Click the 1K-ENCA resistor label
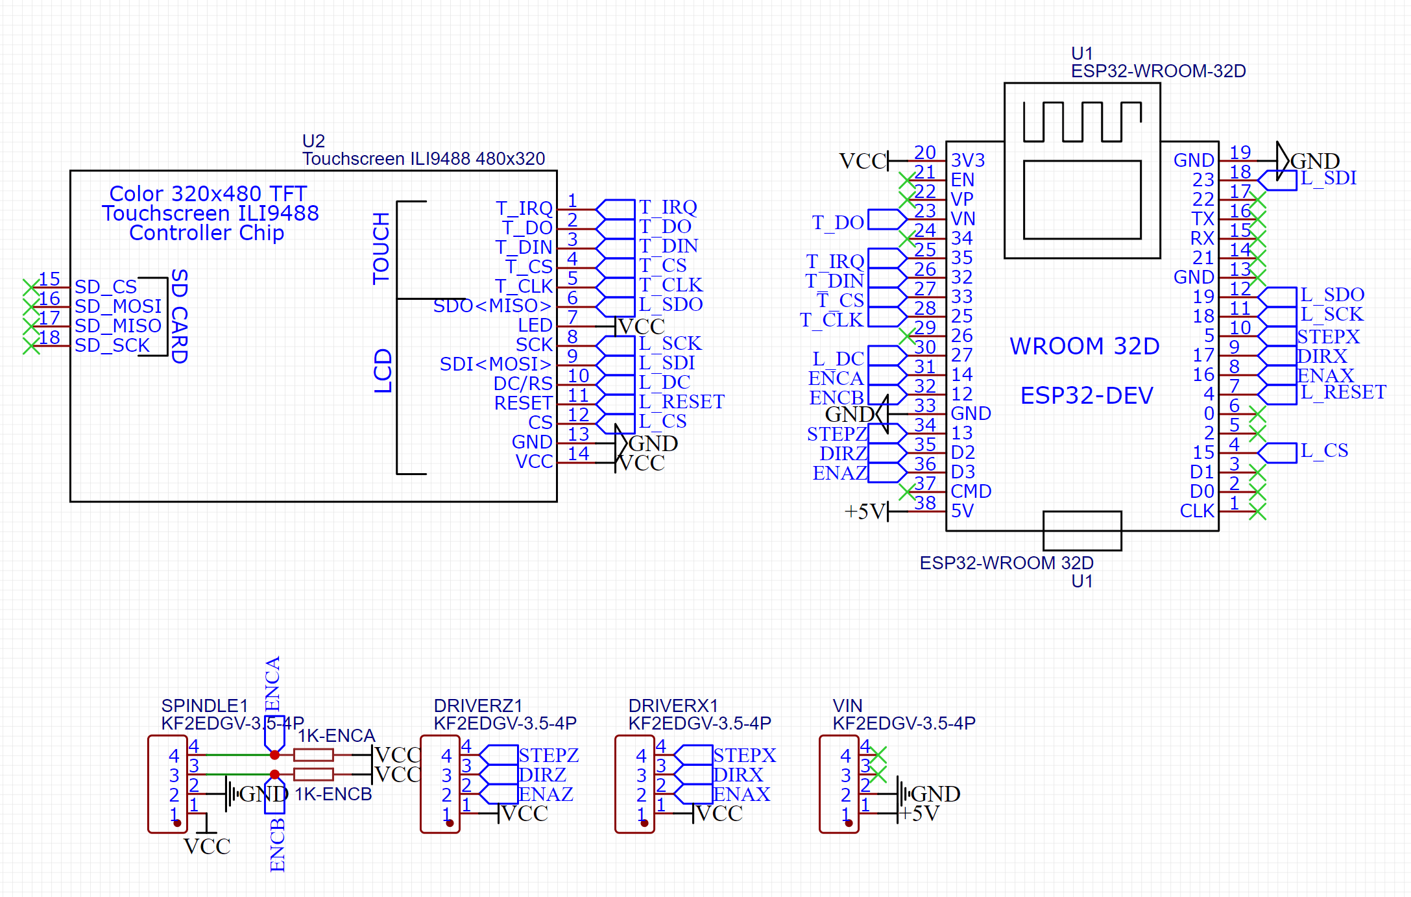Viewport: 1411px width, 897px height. tap(336, 735)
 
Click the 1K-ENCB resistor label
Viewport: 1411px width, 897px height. tap(333, 794)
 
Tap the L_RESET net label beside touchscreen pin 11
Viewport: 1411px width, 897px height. tap(681, 402)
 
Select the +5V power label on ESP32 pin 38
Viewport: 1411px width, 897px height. tap(865, 511)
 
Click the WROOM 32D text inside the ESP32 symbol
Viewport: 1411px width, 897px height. tap(1084, 346)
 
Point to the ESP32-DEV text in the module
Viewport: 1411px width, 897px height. tap(1087, 395)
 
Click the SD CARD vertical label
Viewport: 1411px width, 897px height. tap(179, 316)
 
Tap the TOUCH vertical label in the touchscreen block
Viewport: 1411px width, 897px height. tap(381, 248)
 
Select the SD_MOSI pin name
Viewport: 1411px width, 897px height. tap(117, 306)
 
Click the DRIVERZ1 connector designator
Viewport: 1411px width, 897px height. tap(477, 706)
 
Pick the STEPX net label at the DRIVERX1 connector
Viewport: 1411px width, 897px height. tap(744, 755)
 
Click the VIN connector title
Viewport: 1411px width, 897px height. tap(847, 706)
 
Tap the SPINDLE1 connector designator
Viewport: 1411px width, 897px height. tap(204, 706)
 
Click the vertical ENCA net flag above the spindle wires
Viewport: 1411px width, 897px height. tap(273, 685)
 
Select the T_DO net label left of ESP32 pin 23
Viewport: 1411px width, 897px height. tap(838, 223)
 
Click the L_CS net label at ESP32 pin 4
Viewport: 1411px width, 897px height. tap(1324, 450)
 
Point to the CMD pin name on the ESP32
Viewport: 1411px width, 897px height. tap(971, 491)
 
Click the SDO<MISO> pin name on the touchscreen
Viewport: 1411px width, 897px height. tap(492, 306)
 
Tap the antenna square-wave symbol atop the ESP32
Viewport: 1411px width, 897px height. tap(1081, 121)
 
